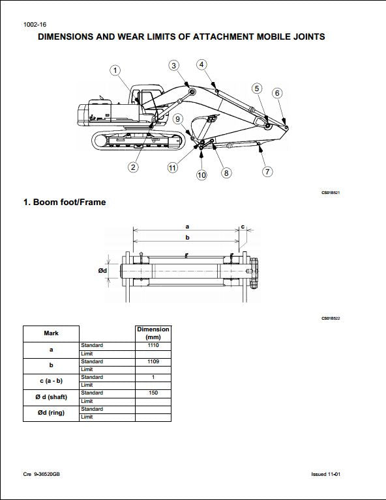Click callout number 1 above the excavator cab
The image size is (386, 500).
[x=115, y=70]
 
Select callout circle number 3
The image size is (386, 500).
[x=174, y=65]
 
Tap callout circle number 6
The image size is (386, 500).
[x=277, y=93]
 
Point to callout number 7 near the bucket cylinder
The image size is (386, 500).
[x=267, y=172]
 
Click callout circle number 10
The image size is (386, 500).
[x=201, y=174]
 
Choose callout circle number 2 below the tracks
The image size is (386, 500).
[x=133, y=167]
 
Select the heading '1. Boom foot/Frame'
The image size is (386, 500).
[x=65, y=202]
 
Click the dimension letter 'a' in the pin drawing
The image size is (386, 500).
[x=187, y=226]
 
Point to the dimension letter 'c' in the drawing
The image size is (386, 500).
[x=243, y=226]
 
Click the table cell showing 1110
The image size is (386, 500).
[x=153, y=345]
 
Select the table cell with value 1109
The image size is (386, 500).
[x=153, y=361]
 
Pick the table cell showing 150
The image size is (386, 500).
[x=153, y=393]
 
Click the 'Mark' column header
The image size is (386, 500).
[x=51, y=333]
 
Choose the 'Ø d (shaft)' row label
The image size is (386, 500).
[x=51, y=397]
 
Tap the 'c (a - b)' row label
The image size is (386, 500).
[x=51, y=381]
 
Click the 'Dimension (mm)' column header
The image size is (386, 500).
[x=153, y=333]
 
